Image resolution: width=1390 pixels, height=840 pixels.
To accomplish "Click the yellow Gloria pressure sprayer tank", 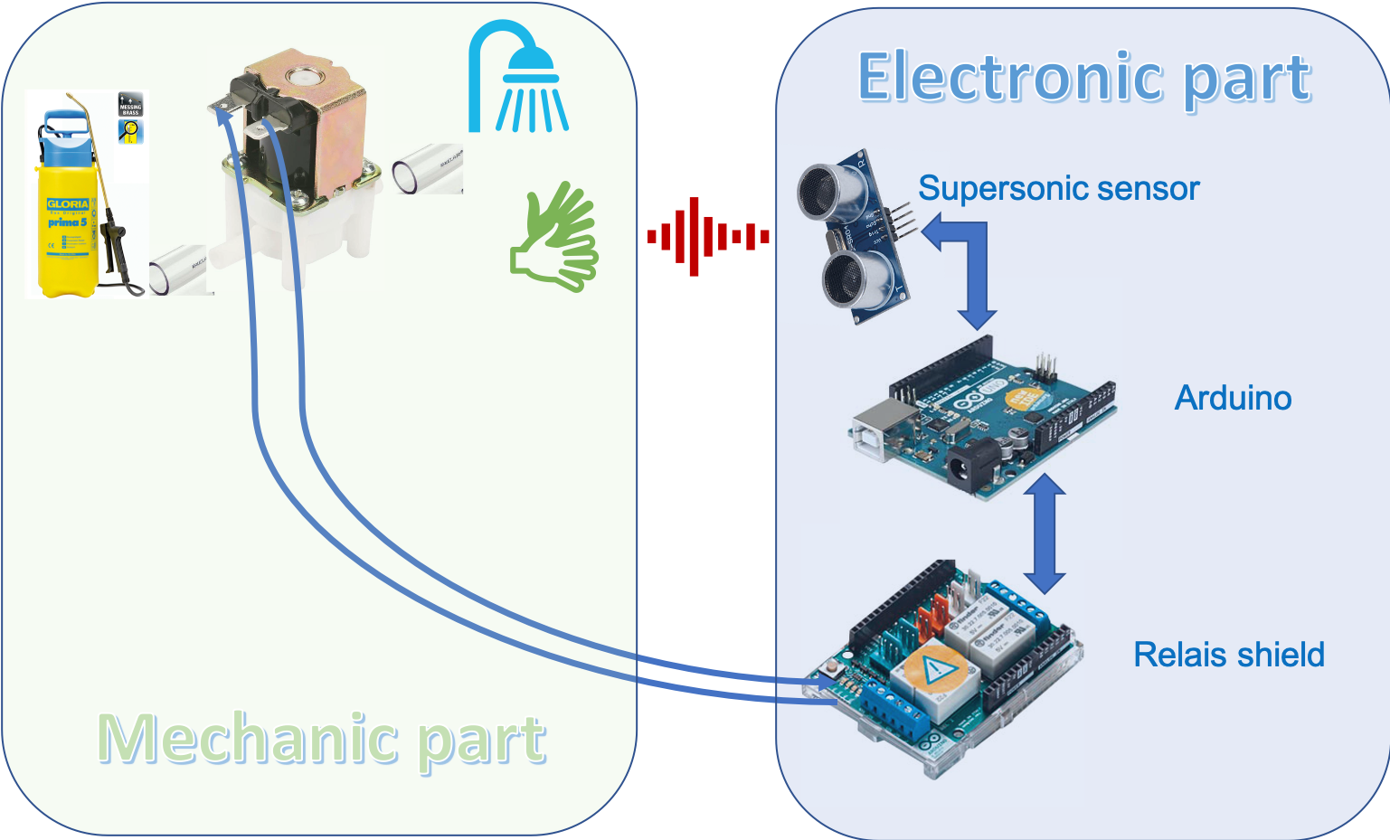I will point(69,226).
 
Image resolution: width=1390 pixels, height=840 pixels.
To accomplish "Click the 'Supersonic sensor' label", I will point(1058,188).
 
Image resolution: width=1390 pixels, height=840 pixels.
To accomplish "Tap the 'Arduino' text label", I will point(1233,398).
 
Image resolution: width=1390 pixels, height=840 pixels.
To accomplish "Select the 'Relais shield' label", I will point(1228,655).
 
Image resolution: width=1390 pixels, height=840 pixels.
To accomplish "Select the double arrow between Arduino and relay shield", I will point(1045,533).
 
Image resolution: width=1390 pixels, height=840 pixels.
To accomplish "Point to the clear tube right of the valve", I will point(426,169).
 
